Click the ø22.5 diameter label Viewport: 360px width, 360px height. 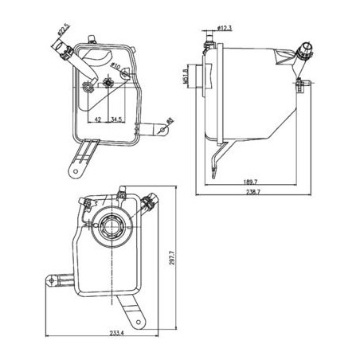63,30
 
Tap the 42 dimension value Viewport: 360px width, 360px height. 98,119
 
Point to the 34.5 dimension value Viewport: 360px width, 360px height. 116,119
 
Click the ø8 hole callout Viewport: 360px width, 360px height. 170,120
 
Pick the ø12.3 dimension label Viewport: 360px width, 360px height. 225,28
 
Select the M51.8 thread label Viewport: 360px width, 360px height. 186,76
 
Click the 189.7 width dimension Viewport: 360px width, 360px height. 251,182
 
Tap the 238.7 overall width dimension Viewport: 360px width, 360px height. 253,192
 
